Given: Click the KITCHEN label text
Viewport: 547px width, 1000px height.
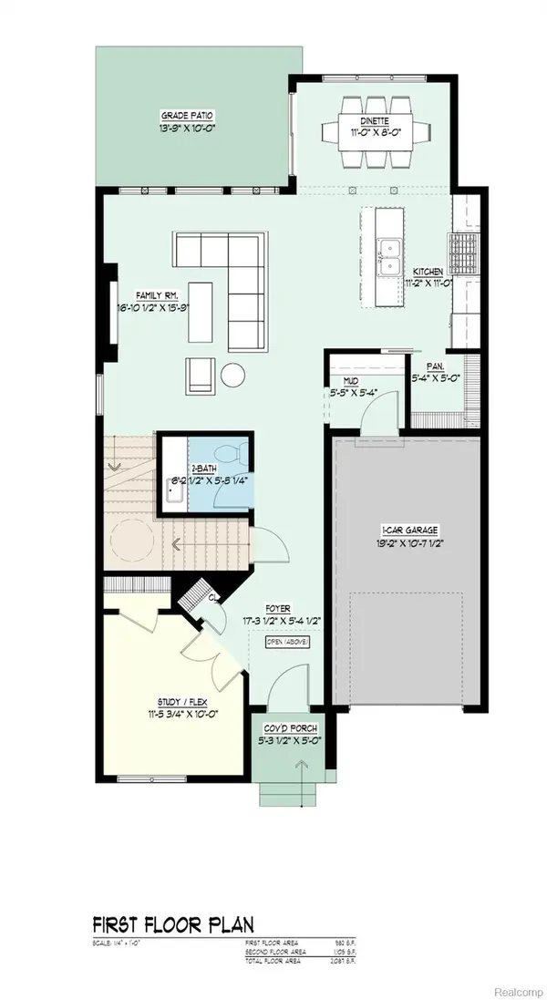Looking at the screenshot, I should (x=428, y=272).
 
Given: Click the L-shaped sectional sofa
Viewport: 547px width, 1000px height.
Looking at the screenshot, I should (x=237, y=273).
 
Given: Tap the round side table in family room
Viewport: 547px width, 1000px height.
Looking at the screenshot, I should (x=233, y=374).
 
